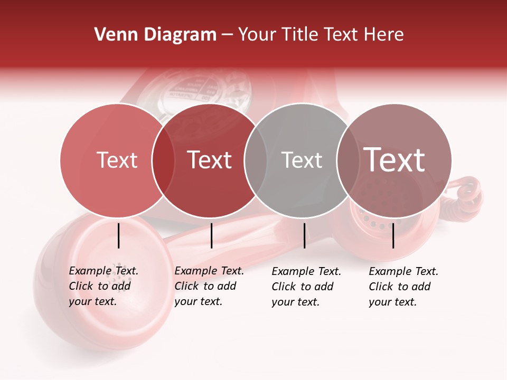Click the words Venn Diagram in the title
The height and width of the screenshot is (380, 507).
[155, 35]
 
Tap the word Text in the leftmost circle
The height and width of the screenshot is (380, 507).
[117, 160]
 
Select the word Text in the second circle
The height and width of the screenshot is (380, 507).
[209, 160]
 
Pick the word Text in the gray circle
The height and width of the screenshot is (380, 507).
[302, 160]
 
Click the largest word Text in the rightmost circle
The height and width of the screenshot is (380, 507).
[394, 159]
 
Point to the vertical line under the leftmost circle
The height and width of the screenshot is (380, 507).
[119, 235]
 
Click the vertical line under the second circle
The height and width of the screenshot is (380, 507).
[211, 235]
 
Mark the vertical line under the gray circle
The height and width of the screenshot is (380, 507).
[304, 235]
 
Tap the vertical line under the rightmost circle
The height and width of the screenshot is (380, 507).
[393, 235]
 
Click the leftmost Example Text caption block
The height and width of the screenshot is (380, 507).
[103, 286]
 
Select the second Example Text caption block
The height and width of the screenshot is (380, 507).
[209, 286]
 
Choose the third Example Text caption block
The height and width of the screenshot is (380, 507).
[306, 287]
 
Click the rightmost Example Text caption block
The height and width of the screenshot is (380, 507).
[403, 287]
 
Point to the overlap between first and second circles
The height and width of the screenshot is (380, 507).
[163, 160]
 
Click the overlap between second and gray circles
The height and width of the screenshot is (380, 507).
[255, 160]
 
